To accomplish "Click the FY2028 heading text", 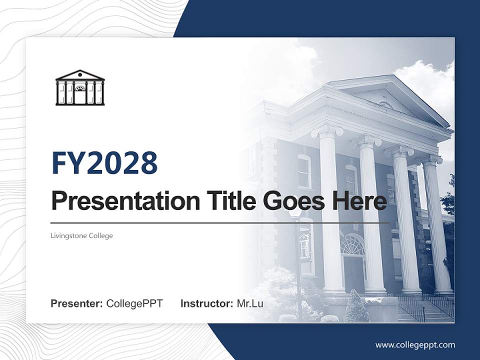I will coord(104,163).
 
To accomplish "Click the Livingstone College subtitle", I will coord(81,235).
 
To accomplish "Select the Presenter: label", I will coord(77,303).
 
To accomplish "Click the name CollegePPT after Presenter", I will coord(134,303).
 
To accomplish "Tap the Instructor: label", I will coord(206,303).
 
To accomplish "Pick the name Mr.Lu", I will coord(250,303).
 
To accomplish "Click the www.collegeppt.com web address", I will coord(415,344).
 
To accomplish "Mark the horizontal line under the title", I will coord(220,223).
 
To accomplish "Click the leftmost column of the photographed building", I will coord(330,210).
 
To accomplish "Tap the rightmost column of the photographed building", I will coord(438,225).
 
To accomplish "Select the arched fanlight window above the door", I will coord(352,244).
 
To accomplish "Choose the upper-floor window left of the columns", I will coord(304,171).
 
